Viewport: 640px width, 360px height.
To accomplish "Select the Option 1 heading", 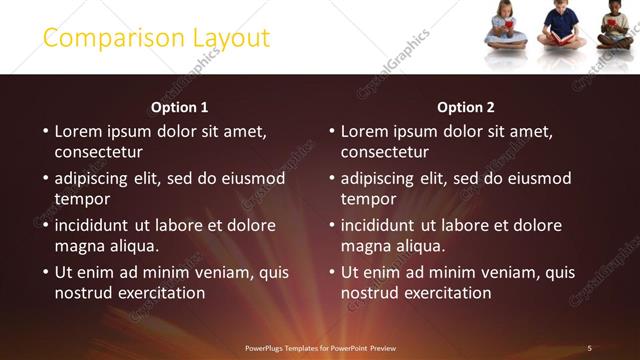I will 180,107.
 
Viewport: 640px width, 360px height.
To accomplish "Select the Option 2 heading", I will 466,107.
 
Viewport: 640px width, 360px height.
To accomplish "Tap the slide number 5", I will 589,348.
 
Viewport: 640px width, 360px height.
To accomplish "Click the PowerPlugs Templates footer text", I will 320,348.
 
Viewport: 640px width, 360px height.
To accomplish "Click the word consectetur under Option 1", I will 98,153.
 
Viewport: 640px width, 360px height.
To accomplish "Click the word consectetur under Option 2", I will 384,153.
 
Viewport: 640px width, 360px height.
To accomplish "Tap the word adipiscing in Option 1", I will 95,179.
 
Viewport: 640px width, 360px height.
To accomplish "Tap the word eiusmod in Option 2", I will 539,179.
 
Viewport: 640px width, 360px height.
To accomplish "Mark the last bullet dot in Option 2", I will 331,272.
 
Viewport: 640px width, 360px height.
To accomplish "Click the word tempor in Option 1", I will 81,200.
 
